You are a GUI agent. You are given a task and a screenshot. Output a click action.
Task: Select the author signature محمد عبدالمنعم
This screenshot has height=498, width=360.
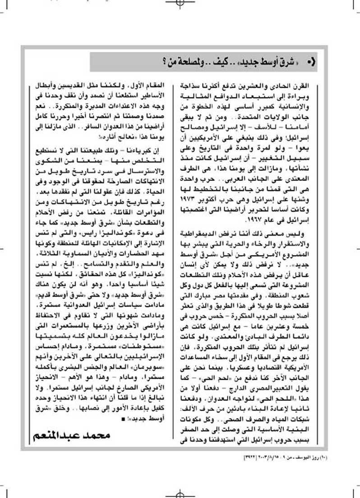72,436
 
